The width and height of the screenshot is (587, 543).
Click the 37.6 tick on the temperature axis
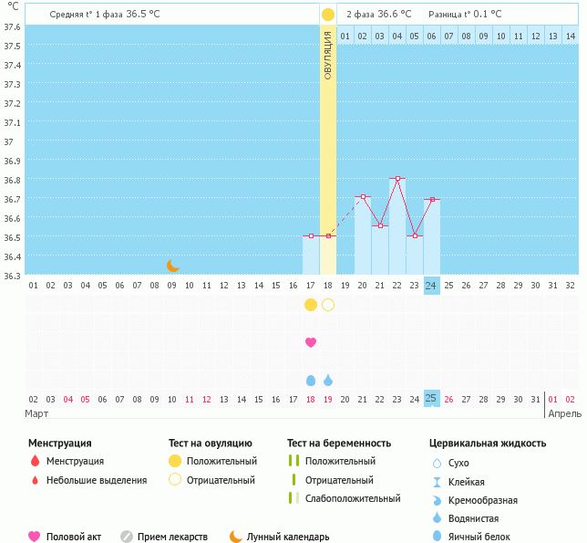(13, 26)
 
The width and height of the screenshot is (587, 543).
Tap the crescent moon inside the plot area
(172, 266)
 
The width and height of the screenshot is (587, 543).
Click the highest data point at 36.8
(397, 178)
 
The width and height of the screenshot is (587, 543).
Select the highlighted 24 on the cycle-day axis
(432, 285)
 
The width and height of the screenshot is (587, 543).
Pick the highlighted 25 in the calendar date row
(432, 399)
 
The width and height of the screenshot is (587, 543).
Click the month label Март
(36, 413)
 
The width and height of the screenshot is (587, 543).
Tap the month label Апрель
(561, 413)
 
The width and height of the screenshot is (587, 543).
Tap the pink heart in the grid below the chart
(311, 342)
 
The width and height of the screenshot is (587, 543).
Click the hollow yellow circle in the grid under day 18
(328, 305)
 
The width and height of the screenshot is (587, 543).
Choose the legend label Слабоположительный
(353, 498)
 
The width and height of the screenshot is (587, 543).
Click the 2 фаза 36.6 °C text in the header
(378, 14)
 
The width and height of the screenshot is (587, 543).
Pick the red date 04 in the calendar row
(67, 399)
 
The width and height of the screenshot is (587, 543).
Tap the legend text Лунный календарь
(288, 538)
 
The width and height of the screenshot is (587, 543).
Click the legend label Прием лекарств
(172, 538)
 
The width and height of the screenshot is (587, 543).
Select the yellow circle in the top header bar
(328, 15)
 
